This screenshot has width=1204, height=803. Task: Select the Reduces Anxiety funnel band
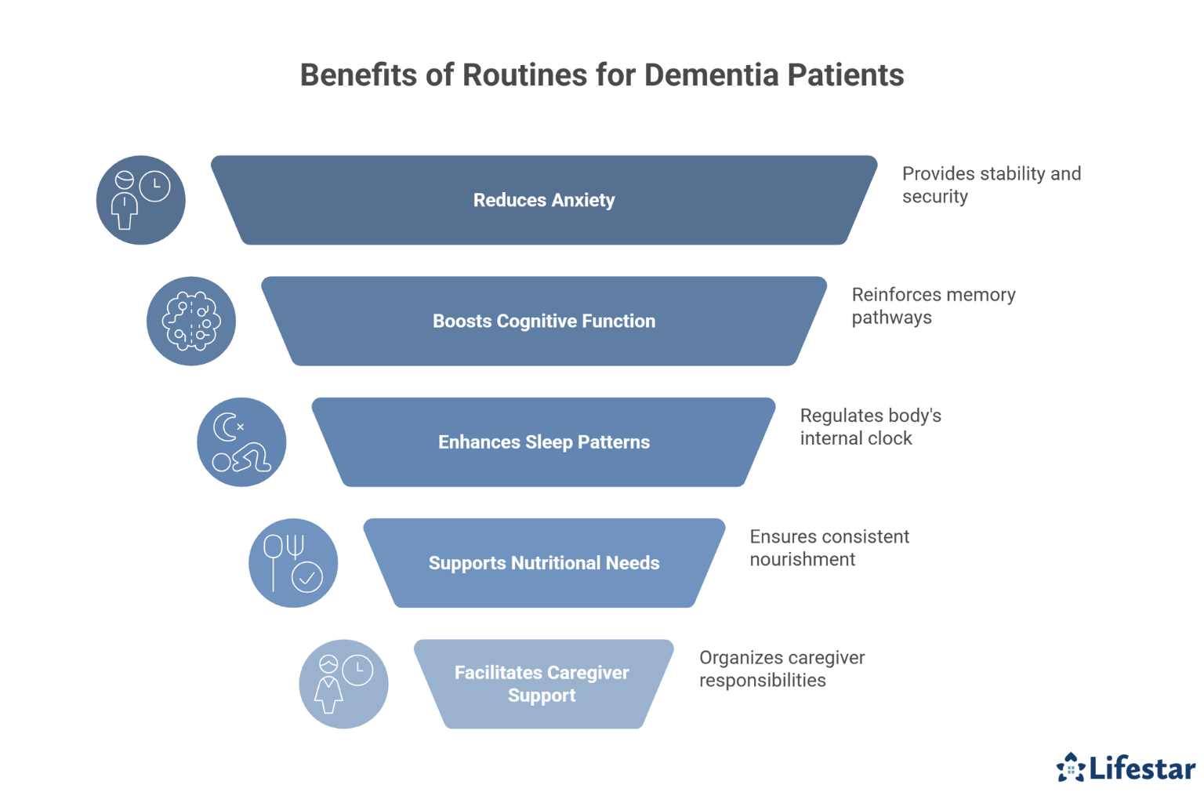[543, 200]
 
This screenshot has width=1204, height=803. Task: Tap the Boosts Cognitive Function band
[543, 321]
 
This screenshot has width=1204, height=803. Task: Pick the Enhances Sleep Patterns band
[543, 441]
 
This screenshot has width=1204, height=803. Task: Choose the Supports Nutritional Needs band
[543, 562]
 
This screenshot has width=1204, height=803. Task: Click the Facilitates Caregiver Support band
[542, 683]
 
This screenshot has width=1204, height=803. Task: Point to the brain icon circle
[191, 321]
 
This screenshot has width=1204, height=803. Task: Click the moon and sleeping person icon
[241, 441]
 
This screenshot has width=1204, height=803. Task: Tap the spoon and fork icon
[292, 562]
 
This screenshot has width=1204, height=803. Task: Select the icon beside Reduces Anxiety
[141, 200]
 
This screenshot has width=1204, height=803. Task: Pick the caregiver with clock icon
[343, 683]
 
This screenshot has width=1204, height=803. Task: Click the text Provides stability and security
[991, 185]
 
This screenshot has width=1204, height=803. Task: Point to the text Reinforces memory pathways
[933, 306]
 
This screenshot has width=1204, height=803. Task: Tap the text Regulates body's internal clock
[870, 427]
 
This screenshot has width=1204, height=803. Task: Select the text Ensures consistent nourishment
[829, 547]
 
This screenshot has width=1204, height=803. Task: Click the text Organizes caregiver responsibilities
[782, 668]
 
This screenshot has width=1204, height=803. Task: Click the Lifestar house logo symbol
[1070, 768]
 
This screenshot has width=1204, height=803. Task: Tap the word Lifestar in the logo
[1142, 768]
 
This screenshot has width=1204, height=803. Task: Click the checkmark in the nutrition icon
[307, 578]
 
